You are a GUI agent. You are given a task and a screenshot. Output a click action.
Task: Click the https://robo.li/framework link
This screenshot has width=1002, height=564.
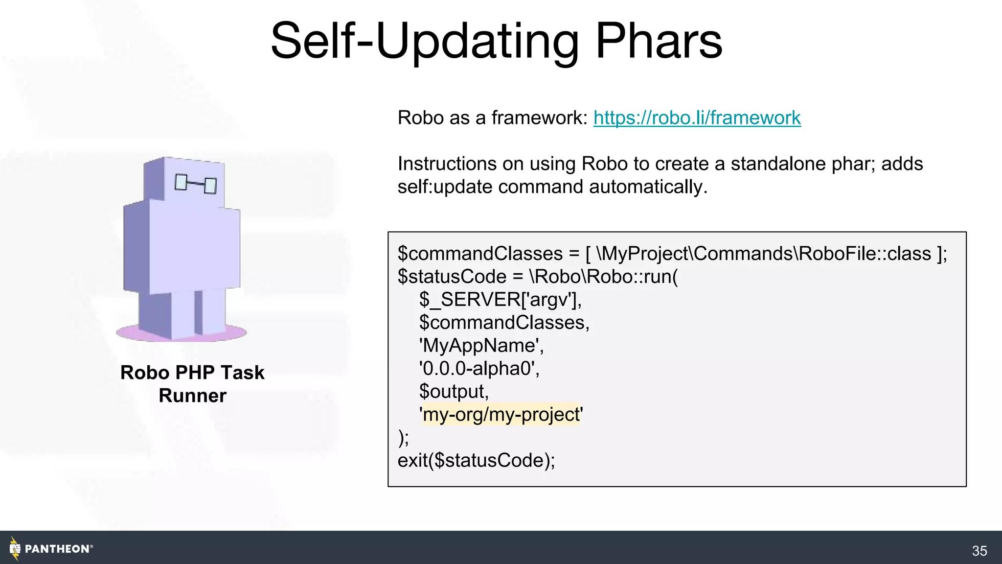click(x=697, y=118)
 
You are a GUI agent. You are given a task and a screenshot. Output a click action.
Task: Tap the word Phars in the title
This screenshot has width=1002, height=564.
click(x=659, y=41)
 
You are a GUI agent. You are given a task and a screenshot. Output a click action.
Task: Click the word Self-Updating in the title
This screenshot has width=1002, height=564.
click(x=424, y=41)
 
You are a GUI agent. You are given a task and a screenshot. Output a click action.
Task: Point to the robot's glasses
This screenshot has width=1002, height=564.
click(x=196, y=184)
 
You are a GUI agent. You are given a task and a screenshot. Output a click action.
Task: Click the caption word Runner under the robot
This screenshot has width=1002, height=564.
click(x=192, y=396)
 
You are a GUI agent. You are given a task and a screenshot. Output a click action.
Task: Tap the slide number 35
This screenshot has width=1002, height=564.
click(x=979, y=551)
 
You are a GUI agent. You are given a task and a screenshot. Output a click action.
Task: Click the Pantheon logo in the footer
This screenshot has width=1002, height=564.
click(x=51, y=549)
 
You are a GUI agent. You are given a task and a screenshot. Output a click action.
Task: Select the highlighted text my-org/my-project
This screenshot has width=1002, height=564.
click(x=501, y=415)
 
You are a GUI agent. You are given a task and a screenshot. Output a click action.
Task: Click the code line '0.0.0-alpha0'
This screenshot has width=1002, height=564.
click(x=479, y=369)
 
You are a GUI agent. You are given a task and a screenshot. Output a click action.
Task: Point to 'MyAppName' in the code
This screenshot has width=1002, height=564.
click(x=481, y=346)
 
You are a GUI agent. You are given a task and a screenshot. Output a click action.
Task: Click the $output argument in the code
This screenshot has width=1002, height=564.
click(x=454, y=392)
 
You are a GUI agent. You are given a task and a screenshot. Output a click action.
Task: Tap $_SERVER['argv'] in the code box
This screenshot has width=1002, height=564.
click(x=500, y=300)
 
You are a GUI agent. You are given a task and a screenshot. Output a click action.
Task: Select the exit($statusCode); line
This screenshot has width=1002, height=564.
click(x=476, y=461)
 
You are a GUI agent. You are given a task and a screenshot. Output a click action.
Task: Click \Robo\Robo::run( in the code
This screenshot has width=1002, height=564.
click(x=604, y=277)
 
